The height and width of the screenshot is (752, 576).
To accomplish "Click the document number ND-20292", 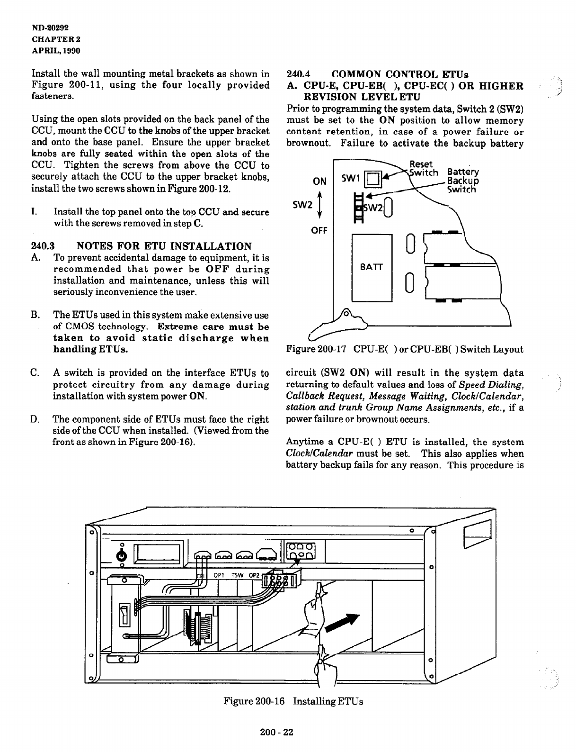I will (51, 28).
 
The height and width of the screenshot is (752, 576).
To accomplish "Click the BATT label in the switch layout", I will (371, 267).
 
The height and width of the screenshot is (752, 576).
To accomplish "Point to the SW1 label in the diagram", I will (352, 178).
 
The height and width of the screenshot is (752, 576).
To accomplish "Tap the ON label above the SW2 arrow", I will (320, 181).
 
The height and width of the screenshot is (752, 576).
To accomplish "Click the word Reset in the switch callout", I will (421, 164).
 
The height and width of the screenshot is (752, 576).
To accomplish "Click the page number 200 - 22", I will (277, 732).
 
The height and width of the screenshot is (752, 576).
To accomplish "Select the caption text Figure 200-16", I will (254, 701).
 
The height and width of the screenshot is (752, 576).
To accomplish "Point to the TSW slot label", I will (237, 575).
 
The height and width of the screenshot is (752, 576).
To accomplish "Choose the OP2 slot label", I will (254, 575).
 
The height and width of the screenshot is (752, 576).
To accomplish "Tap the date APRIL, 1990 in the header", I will (56, 50).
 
